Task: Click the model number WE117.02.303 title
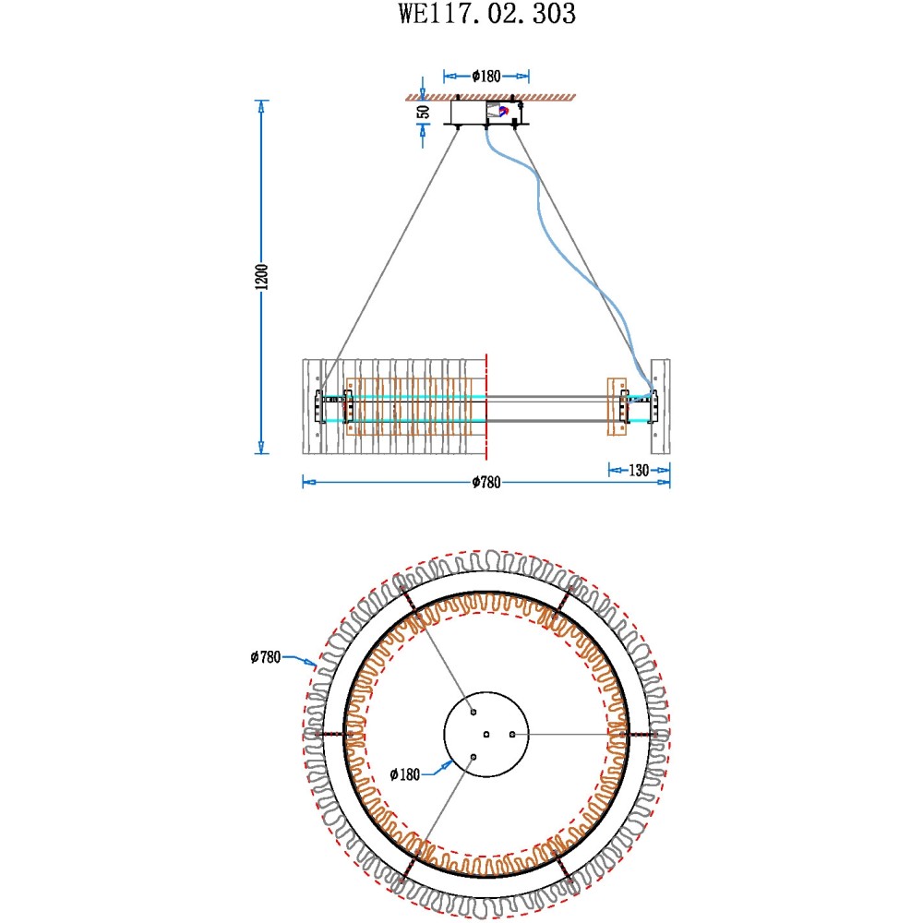[x=486, y=14]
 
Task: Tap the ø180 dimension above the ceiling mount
[x=486, y=76]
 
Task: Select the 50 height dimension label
[x=424, y=112]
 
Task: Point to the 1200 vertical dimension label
[x=261, y=277]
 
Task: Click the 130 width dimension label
[x=639, y=471]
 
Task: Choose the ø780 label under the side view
[x=486, y=483]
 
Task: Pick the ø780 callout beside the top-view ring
[x=266, y=657]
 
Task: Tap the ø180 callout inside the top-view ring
[x=405, y=774]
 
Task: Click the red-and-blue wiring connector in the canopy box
[x=502, y=111]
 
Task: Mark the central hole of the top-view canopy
[x=486, y=735]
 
